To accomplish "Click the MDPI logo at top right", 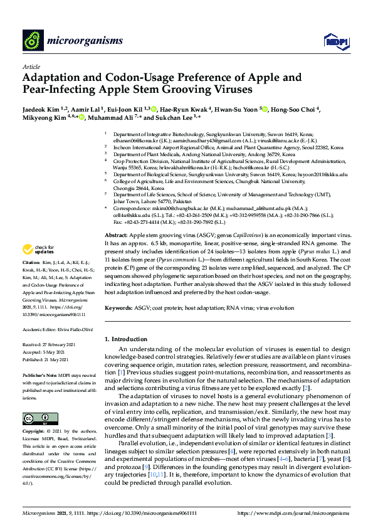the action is coord(335,41).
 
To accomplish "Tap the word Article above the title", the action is coord(30,66).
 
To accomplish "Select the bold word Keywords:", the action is coord(118,309).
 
